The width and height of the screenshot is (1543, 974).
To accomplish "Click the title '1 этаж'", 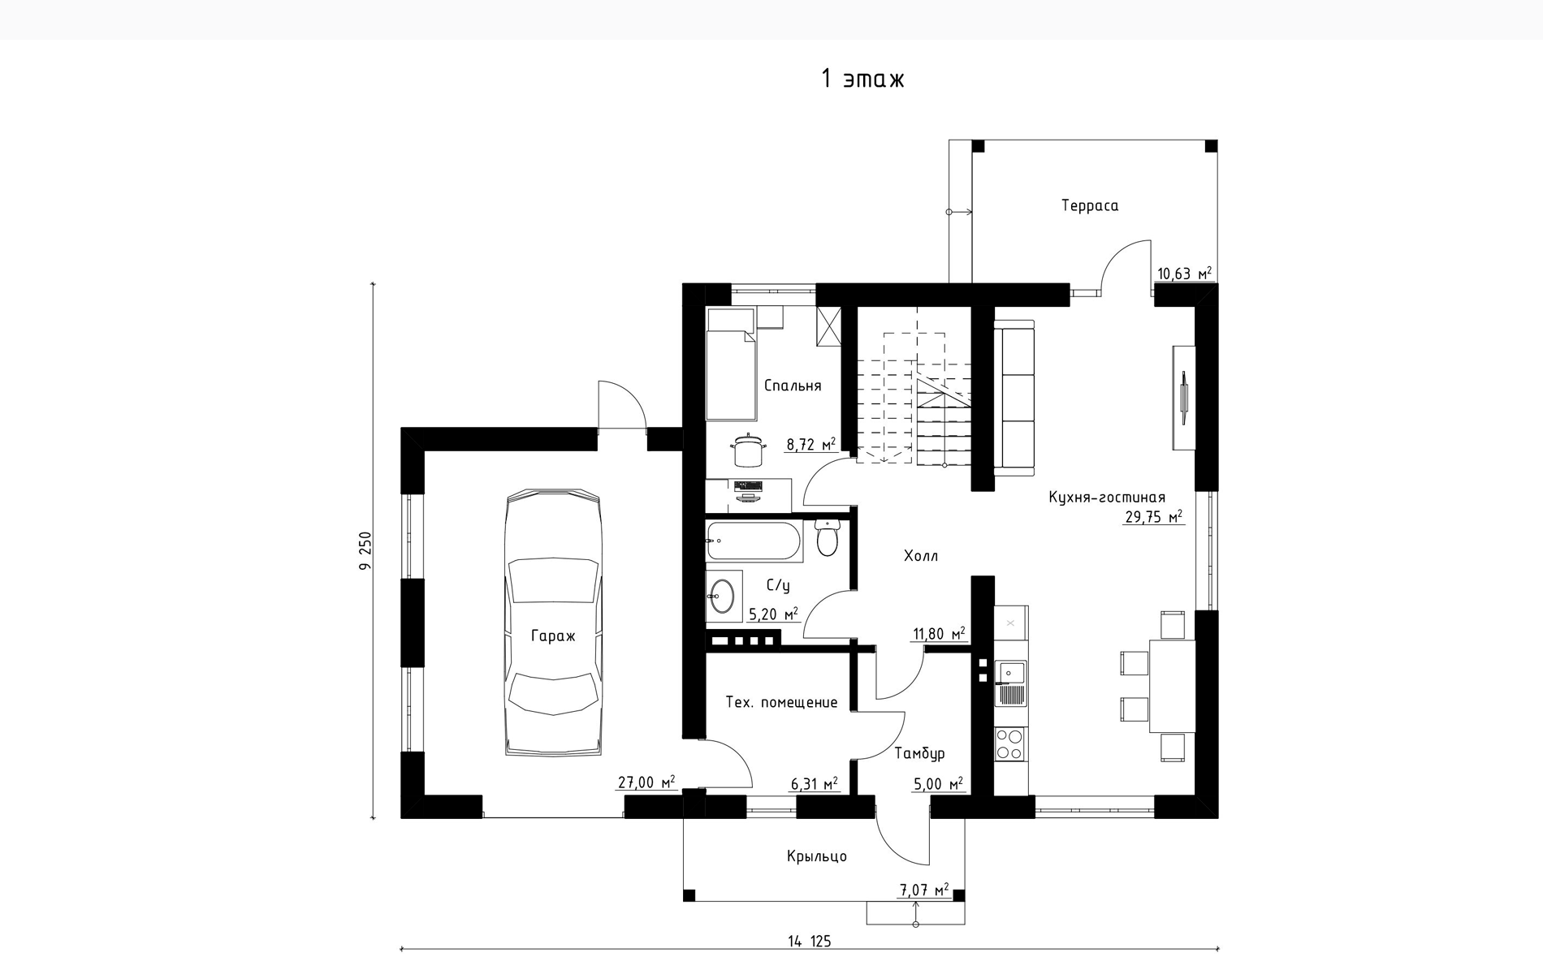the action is point(862,79).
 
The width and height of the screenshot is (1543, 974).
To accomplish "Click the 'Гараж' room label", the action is point(553,636).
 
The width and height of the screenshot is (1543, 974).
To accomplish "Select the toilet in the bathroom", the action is point(827,537).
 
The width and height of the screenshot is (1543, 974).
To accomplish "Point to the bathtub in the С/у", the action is point(754,541).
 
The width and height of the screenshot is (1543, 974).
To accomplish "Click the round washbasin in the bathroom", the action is point(720,597).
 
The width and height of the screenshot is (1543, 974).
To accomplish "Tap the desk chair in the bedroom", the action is point(748,450).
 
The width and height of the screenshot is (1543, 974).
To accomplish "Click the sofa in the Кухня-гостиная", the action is point(1014,398).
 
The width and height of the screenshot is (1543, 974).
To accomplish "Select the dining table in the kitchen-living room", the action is point(1172,686).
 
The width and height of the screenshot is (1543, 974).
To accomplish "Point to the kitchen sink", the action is point(1011,683).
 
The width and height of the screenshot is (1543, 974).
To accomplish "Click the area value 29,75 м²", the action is point(1153,517).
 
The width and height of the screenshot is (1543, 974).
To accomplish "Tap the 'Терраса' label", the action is point(1090,206).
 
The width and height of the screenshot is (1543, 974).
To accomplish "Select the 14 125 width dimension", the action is point(810,942).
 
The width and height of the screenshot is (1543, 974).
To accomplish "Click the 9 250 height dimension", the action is point(365,550).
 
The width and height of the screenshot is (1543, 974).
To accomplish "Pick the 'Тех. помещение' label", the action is point(781,703).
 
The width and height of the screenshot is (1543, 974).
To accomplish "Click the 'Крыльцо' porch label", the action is point(817,856).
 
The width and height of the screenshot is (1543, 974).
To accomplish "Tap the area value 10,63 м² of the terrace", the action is point(1184,274).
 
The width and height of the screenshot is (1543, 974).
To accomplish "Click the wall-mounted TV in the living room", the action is point(1183,398).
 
